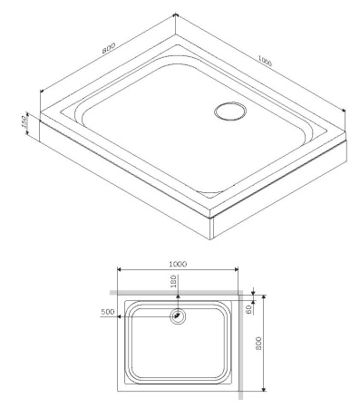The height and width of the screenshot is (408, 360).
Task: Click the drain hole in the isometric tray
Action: pos(228,112)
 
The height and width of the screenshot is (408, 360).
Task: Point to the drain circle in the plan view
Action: pos(178,316)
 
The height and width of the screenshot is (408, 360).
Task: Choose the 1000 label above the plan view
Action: pos(178,263)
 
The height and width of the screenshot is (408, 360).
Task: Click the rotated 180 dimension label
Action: pos(174,282)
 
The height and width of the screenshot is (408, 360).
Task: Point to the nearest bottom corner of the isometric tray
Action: pos(211,239)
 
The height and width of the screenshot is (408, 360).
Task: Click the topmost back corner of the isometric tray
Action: pos(174,16)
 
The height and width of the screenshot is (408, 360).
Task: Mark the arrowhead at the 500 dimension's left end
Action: pos(120,316)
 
